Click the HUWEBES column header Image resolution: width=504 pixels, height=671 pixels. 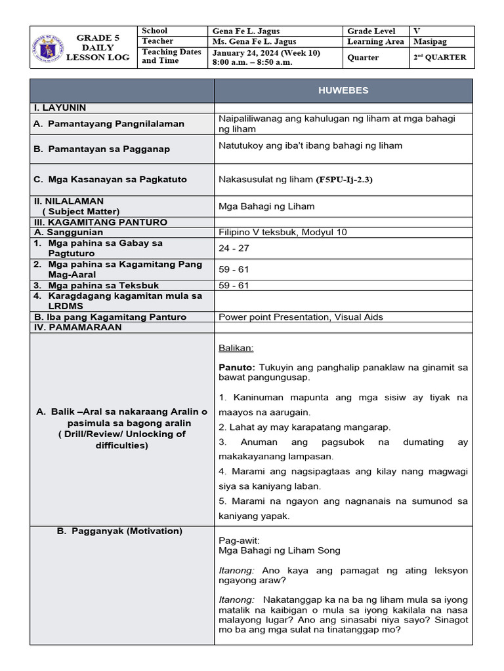343,91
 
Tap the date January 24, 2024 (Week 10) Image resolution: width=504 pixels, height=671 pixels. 266,52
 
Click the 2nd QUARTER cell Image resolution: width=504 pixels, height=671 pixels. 440,57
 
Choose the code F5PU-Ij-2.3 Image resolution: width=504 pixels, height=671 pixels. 345,179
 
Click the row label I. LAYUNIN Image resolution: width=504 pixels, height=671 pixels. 60,107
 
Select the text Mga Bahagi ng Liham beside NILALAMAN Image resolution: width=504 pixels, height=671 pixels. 266,206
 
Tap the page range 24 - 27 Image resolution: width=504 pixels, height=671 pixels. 234,248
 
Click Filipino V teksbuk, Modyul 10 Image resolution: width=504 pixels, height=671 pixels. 283,232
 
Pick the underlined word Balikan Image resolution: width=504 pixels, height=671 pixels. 236,348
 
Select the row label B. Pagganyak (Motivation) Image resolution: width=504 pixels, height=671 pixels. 119,531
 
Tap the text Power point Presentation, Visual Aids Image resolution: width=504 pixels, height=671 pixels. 301,316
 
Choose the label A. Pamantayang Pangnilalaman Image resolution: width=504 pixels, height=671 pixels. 109,124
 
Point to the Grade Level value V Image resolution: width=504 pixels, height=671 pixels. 417,31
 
